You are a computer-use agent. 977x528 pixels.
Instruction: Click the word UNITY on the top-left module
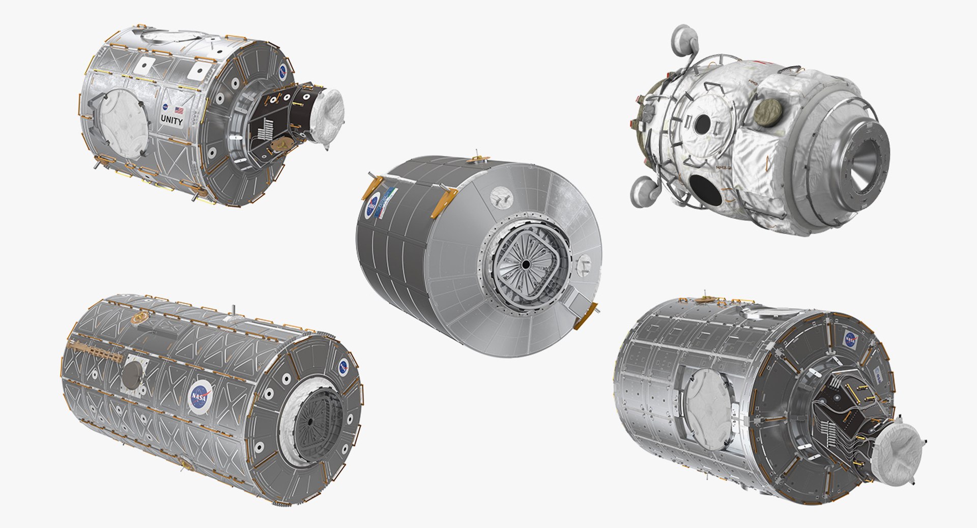click(x=171, y=121)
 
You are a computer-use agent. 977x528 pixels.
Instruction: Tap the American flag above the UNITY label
click(x=179, y=109)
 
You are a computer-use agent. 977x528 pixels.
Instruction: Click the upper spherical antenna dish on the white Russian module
click(x=683, y=39)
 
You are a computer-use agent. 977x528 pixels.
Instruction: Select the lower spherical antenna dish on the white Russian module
click(x=643, y=192)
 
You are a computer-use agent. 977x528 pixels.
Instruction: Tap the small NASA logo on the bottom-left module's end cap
click(x=344, y=366)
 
